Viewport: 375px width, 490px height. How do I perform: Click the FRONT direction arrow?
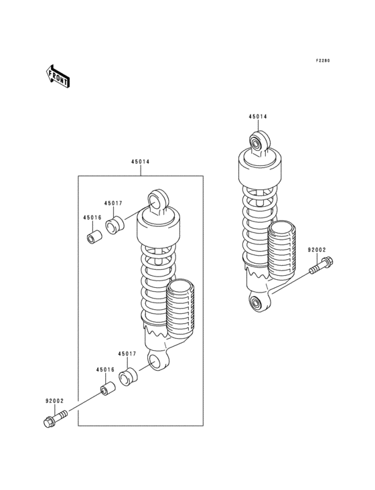pyautogui.click(x=58, y=76)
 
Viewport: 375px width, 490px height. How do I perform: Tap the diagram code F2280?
pyautogui.click(x=323, y=61)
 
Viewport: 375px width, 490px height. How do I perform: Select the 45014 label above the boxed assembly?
pyautogui.click(x=141, y=162)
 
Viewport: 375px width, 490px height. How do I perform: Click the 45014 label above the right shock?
pyautogui.click(x=258, y=116)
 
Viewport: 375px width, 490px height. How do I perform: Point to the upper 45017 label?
pyautogui.click(x=113, y=203)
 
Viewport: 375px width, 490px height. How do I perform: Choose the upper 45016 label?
pyautogui.click(x=92, y=218)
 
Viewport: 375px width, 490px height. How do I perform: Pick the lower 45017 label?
pyautogui.click(x=127, y=353)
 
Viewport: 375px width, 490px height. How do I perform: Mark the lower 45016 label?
pyautogui.click(x=105, y=370)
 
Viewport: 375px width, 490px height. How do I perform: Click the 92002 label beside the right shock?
pyautogui.click(x=317, y=250)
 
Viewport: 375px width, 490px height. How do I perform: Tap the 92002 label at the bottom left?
pyautogui.click(x=54, y=401)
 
